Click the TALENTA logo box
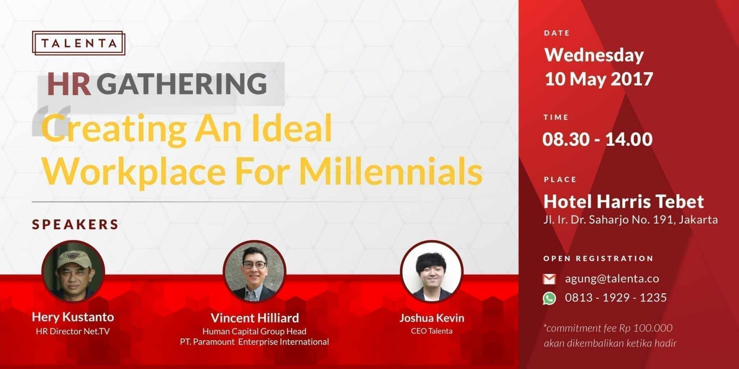[x=79, y=43]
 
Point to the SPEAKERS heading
[x=75, y=224]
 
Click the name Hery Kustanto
[x=73, y=317]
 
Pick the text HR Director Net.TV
[x=73, y=331]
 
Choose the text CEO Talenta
[x=432, y=331]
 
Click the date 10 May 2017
[x=599, y=79]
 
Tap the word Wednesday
[x=594, y=55]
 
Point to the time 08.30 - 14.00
[x=598, y=139]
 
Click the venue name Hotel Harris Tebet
[x=624, y=201]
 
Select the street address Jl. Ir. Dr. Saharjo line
[x=630, y=220]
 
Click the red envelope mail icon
[x=549, y=279]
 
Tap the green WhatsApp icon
[x=549, y=298]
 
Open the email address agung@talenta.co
[x=612, y=279]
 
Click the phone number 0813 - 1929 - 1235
[x=616, y=298]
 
